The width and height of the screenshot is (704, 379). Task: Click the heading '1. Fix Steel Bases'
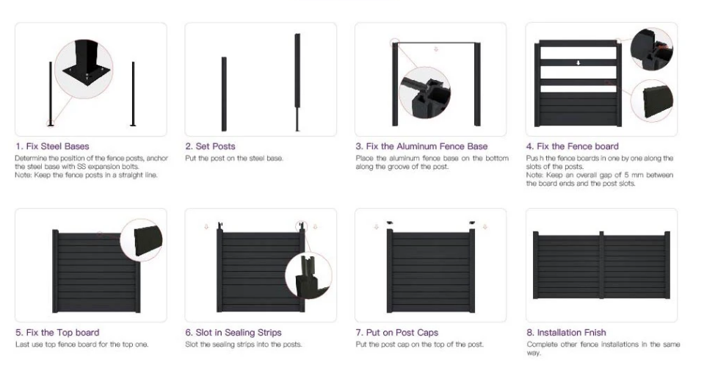click(x=52, y=146)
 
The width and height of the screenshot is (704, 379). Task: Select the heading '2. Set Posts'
click(x=210, y=146)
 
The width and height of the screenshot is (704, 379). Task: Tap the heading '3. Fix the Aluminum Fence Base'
click(x=421, y=146)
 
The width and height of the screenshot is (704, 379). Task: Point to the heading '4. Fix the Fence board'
click(x=573, y=146)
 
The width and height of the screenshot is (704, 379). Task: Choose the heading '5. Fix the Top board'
click(x=57, y=333)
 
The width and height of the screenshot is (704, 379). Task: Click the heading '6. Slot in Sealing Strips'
click(x=233, y=333)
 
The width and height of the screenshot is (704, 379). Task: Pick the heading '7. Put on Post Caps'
click(x=397, y=333)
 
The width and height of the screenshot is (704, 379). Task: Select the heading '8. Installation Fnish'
click(x=566, y=333)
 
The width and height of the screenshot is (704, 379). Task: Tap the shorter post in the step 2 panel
click(x=224, y=94)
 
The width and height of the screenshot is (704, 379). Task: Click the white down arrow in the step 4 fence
click(x=578, y=63)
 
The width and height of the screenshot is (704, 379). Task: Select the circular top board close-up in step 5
click(x=142, y=239)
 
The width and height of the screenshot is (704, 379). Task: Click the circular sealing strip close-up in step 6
click(x=308, y=275)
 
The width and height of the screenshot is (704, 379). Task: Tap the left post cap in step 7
click(x=389, y=223)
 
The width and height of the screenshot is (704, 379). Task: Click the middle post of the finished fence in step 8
click(x=602, y=265)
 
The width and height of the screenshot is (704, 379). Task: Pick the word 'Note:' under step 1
click(x=23, y=175)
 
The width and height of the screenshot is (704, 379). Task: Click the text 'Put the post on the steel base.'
click(x=234, y=159)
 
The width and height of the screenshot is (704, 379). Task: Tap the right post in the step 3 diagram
click(x=477, y=84)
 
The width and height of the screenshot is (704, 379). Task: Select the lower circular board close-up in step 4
click(x=652, y=101)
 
